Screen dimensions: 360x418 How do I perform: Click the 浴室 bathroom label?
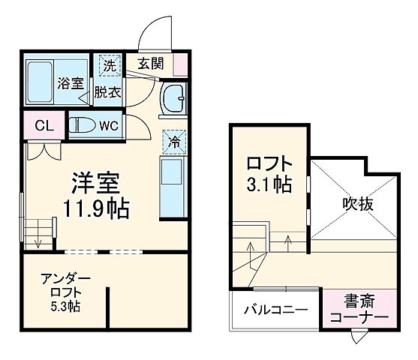(71, 84)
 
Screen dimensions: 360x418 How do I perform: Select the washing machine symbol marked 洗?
(107, 66)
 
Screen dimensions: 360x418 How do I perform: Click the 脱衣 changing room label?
(107, 93)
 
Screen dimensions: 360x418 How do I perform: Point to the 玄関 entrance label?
(150, 63)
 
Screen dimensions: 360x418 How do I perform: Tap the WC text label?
(109, 125)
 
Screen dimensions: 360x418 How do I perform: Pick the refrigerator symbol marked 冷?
(174, 139)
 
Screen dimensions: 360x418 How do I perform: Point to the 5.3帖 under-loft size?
(66, 307)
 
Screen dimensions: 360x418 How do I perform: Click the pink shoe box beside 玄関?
(180, 64)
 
